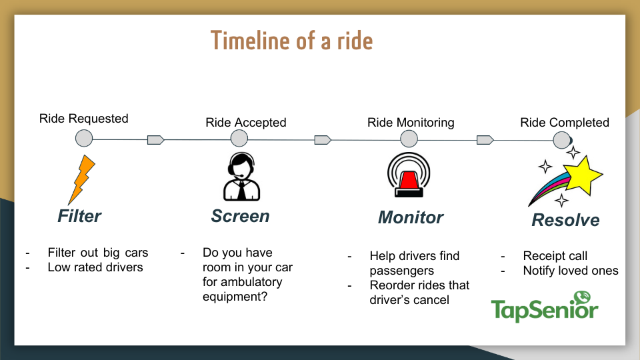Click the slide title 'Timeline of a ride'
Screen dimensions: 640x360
291,41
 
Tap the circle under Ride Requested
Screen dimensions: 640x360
84,139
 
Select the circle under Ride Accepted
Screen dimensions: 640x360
239,139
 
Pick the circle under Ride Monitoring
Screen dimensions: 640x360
409,139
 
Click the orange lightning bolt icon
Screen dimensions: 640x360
81,179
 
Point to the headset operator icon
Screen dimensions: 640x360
241,176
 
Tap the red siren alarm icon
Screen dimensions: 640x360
409,175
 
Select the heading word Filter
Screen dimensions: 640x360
79,216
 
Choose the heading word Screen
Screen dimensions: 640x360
241,216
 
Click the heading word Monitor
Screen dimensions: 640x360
411,217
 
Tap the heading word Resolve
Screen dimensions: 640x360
566,220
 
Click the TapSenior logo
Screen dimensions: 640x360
545,307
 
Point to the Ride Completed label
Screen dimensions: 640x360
565,123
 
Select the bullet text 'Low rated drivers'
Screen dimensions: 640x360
95,267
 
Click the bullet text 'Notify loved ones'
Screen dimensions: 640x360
571,271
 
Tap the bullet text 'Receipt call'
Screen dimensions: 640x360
555,256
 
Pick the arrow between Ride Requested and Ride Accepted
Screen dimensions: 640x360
156,140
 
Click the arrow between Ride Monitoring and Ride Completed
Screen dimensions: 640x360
485,140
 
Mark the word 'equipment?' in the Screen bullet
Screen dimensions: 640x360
235,297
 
